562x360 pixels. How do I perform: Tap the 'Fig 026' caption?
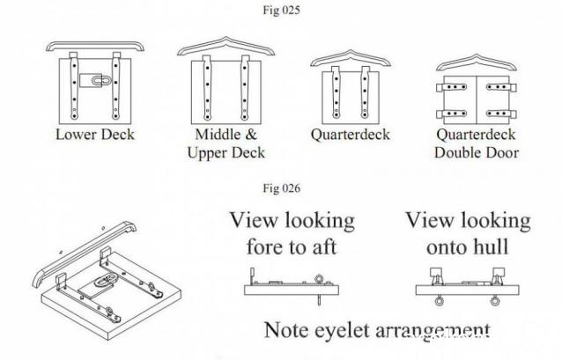279,188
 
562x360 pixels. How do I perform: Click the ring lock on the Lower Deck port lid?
92,80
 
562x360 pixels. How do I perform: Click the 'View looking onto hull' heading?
468,233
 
